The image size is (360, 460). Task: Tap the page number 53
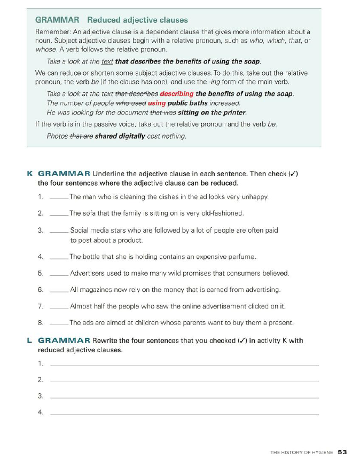[342, 452]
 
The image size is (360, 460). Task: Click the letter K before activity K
[29, 173]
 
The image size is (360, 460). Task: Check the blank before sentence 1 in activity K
[58, 196]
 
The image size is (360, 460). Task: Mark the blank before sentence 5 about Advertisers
[58, 274]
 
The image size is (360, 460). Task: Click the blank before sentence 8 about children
[58, 323]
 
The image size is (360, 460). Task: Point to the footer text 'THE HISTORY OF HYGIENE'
[301, 453]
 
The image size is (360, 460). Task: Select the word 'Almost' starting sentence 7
[81, 306]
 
